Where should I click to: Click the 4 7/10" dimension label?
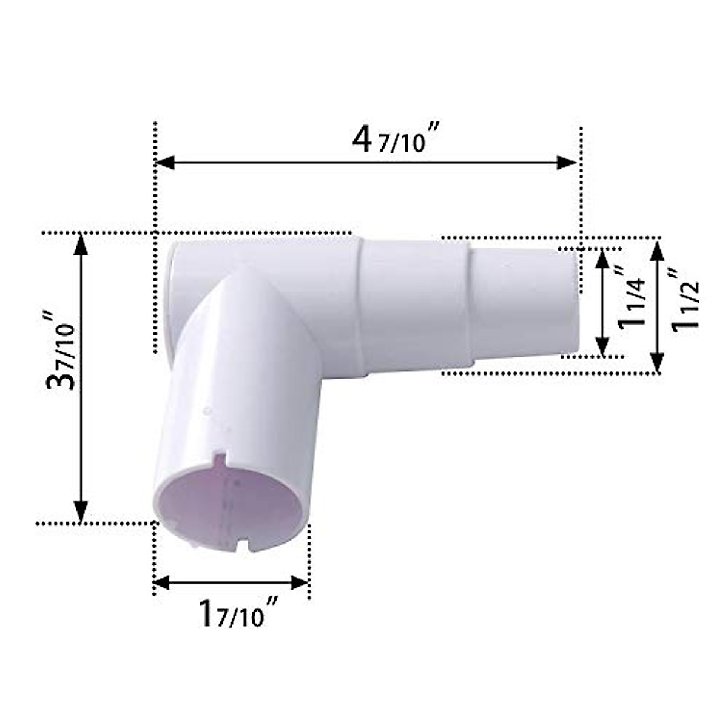pyautogui.click(x=395, y=142)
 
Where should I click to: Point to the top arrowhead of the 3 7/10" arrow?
pyautogui.click(x=81, y=244)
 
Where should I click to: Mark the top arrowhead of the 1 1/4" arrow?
pyautogui.click(x=602, y=258)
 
